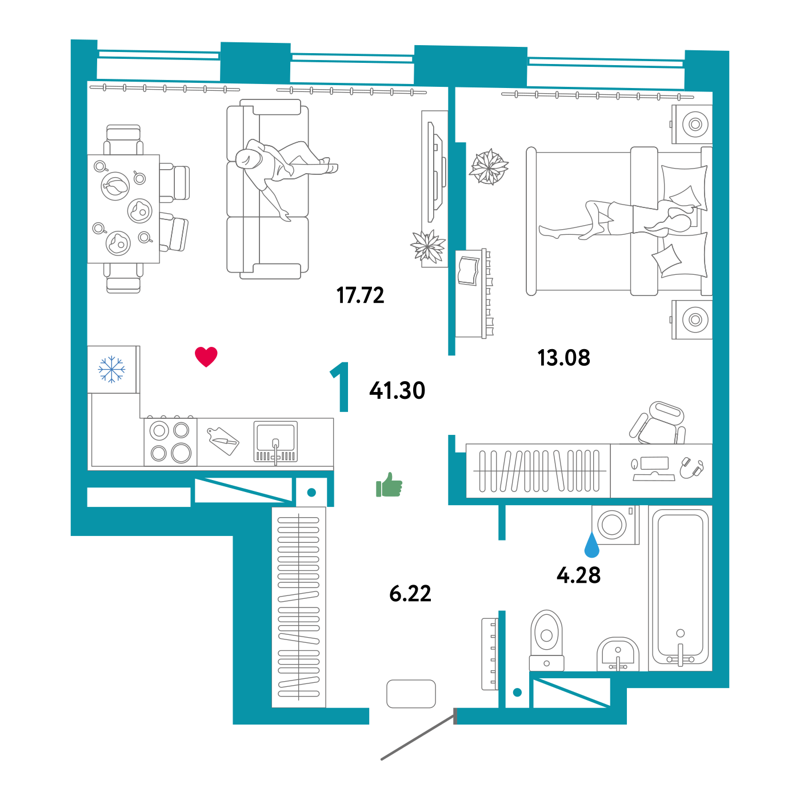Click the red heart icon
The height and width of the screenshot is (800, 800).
pyautogui.click(x=206, y=357)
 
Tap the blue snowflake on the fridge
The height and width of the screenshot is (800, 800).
pyautogui.click(x=111, y=369)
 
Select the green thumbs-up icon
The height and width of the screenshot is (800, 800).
pyautogui.click(x=390, y=486)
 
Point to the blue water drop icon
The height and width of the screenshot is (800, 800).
pyautogui.click(x=591, y=546)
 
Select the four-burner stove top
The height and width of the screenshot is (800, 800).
pyautogui.click(x=170, y=442)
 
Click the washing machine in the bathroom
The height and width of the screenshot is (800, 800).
pyautogui.click(x=614, y=524)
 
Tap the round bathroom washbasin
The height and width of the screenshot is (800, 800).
pyautogui.click(x=618, y=654)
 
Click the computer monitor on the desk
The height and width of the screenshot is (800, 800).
pyautogui.click(x=654, y=464)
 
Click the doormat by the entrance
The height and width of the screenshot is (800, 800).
pyautogui.click(x=411, y=694)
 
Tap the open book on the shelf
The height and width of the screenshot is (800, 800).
pyautogui.click(x=469, y=271)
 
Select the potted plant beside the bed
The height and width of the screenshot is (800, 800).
pyautogui.click(x=489, y=167)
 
